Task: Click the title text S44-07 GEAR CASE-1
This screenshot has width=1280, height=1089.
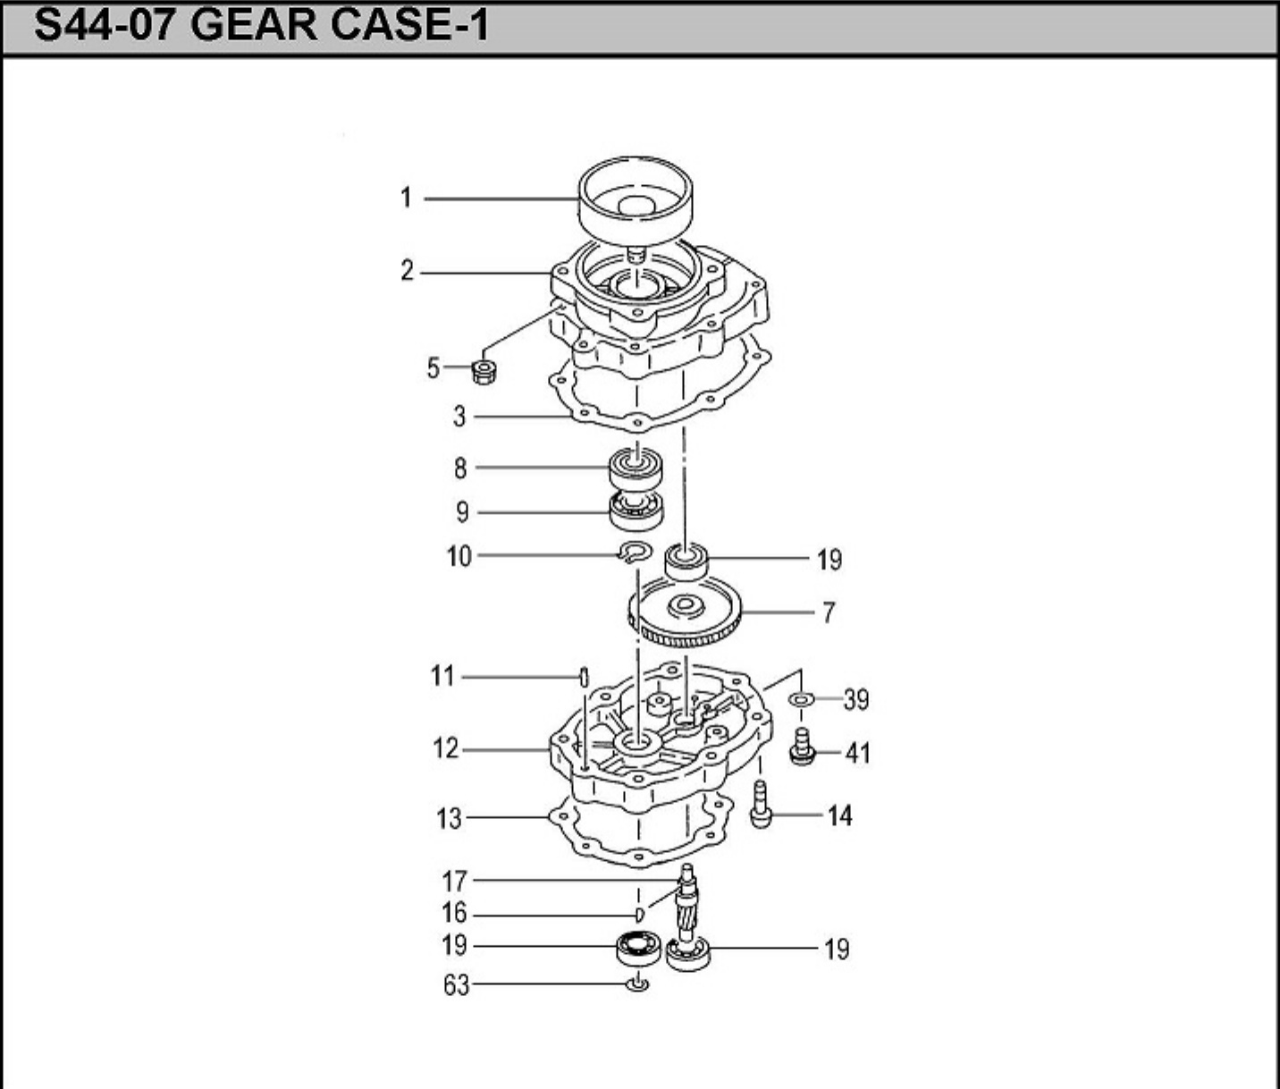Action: (261, 27)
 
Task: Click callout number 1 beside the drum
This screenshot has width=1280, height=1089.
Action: (406, 198)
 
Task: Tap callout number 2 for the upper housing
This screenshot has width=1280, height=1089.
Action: (407, 271)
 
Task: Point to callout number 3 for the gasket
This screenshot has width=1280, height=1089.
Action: (459, 417)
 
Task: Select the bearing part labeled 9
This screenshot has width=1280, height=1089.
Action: (636, 511)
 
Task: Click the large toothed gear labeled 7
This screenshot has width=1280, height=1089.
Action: (685, 612)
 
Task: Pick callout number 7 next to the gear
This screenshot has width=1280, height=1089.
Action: (829, 612)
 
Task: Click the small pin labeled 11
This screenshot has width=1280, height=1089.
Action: (584, 679)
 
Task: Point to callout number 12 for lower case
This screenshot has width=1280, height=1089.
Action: (445, 749)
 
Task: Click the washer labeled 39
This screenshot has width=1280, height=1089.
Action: (801, 699)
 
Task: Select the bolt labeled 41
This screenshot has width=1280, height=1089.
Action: (802, 747)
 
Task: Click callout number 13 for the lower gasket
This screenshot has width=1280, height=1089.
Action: (450, 819)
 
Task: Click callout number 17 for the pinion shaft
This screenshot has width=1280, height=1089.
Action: (455, 881)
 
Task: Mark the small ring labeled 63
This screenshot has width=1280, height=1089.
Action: (637, 984)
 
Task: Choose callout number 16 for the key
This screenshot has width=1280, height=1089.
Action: (454, 913)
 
